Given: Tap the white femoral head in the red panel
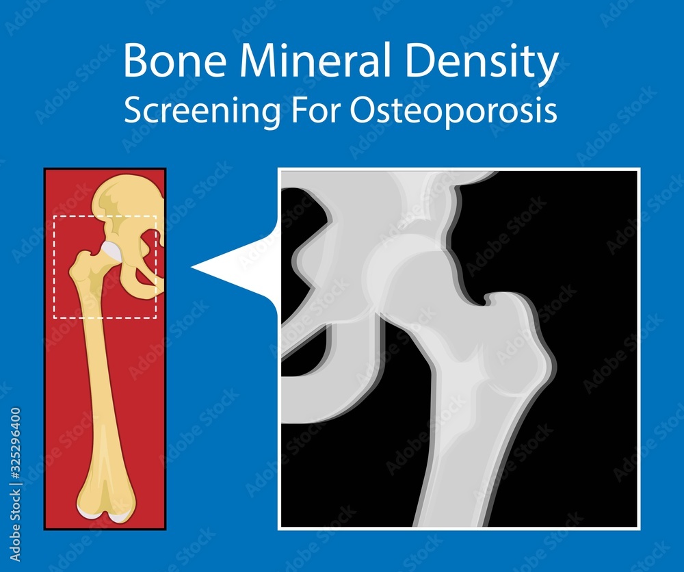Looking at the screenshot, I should (111, 252).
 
